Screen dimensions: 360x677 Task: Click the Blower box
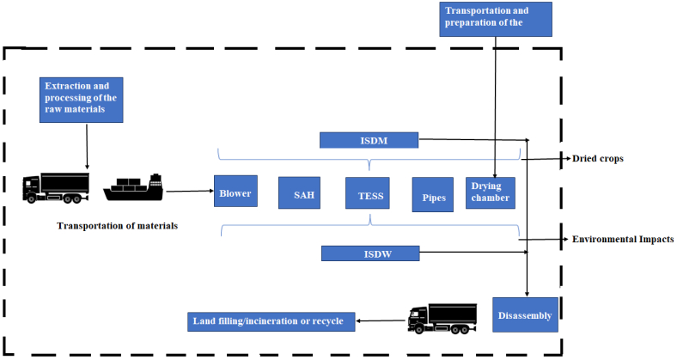click(235, 193)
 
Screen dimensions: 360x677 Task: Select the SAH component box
click(299, 194)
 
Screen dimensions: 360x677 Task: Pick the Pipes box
click(432, 194)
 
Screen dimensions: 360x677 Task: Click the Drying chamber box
click(490, 192)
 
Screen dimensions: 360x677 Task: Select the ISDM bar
click(369, 140)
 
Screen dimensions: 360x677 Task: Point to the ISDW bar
click(369, 253)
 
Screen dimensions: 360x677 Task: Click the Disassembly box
click(523, 315)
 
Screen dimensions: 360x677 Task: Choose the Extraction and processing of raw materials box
click(82, 98)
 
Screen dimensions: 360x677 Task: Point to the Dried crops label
click(598, 159)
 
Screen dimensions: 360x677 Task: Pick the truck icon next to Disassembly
click(442, 319)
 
